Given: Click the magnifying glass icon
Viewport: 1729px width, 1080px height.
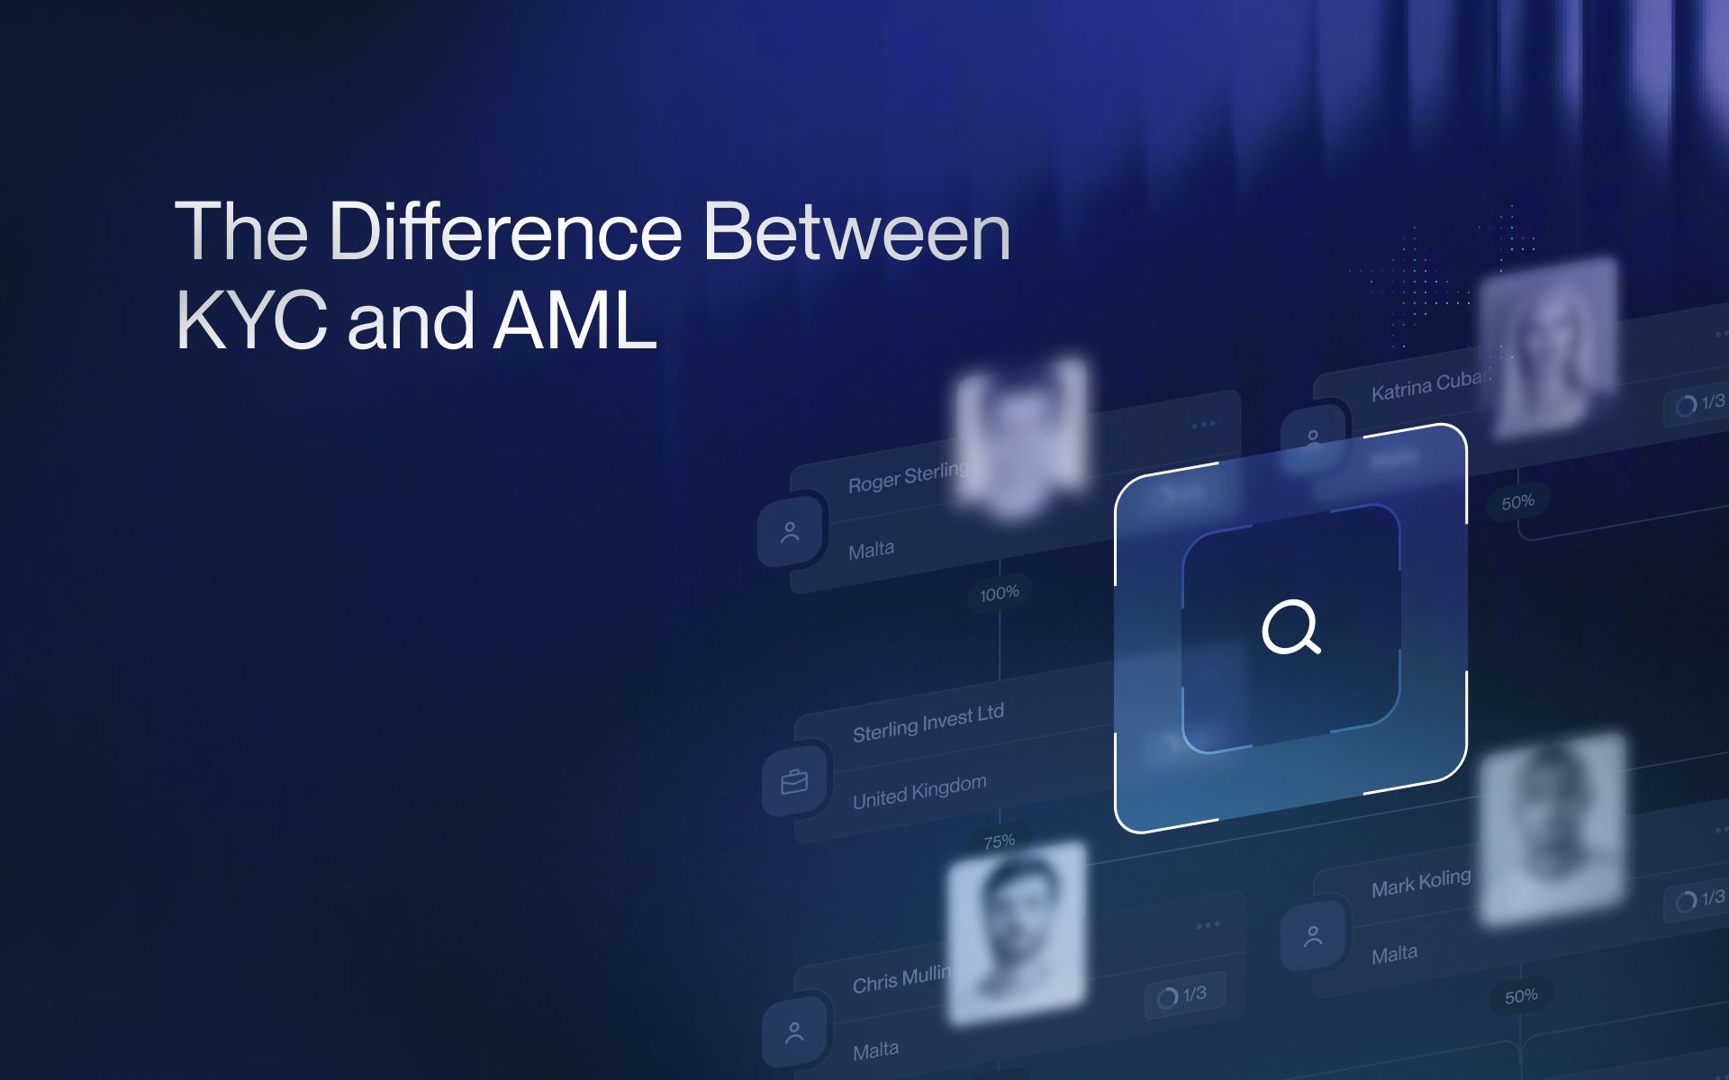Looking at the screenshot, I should [1290, 626].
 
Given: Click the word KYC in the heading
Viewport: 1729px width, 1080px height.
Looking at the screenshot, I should [251, 321].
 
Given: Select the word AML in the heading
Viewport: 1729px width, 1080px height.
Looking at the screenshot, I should [575, 321].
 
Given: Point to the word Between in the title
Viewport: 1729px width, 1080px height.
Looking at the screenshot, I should [856, 232].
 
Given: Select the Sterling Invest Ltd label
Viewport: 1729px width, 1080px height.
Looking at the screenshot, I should [928, 723].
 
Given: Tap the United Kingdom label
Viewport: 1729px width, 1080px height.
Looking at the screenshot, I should [919, 791].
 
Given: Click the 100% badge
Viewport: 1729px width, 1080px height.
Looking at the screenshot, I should [999, 593].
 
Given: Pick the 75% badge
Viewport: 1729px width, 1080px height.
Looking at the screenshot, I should [999, 841].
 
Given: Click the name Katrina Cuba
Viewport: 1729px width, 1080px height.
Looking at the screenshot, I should [1426, 385].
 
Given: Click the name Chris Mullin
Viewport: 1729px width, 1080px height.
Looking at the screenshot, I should [901, 979].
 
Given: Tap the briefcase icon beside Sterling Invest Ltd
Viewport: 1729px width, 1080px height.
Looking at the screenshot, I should [794, 781].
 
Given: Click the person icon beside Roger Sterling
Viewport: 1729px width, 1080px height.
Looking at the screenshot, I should [790, 533].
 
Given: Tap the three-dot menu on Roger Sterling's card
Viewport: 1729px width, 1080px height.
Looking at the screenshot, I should [1203, 425].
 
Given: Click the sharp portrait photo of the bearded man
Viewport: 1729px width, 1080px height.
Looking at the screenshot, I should [1016, 932].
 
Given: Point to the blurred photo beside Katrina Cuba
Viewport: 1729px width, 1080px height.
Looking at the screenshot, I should [1548, 346].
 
